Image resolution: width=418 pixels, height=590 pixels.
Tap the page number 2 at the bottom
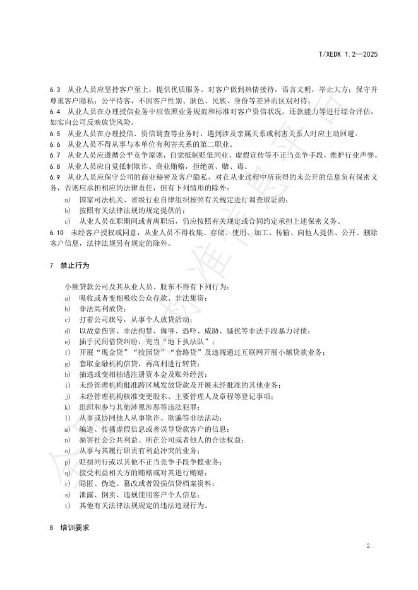pyautogui.click(x=368, y=545)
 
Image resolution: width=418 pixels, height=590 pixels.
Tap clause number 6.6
pyautogui.click(x=54, y=144)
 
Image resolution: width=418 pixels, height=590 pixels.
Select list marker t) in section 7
pyautogui.click(x=67, y=506)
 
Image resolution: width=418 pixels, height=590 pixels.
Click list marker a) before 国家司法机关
pyautogui.click(x=67, y=200)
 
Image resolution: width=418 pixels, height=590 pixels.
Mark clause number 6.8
pyautogui.click(x=54, y=166)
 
